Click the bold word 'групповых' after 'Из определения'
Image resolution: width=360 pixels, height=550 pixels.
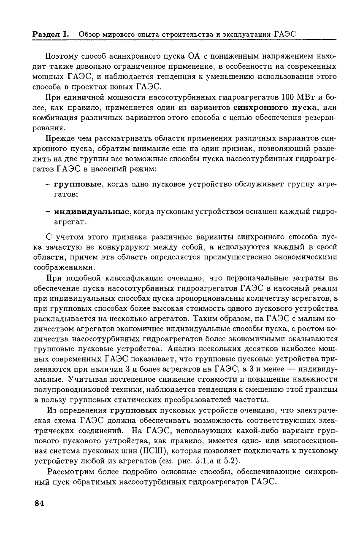[x=134, y=409]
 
